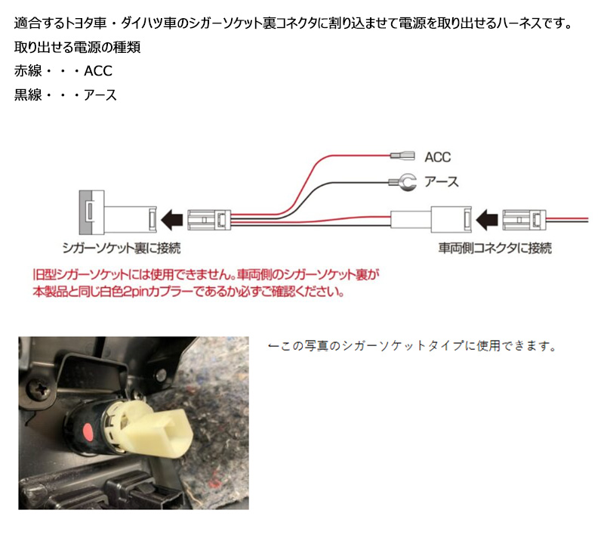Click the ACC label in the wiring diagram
tap(437, 157)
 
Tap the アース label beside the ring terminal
tap(442, 181)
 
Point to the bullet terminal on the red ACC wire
tap(402, 157)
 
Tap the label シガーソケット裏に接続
tap(122, 247)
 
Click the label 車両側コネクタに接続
tap(495, 247)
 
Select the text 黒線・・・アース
tap(66, 96)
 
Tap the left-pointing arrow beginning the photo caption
tap(274, 347)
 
